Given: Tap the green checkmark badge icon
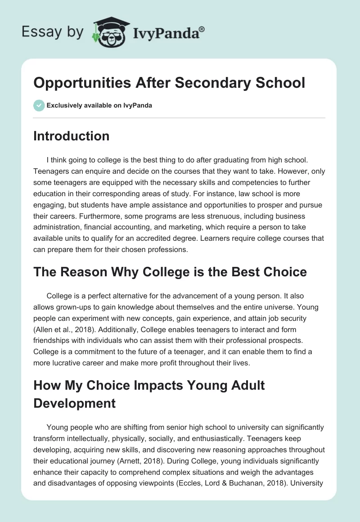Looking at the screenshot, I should pos(39,105).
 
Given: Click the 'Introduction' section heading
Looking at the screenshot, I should pos(71,136).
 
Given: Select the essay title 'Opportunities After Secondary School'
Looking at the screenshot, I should pos(169,83).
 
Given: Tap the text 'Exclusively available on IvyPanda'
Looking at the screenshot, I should pos(99,105).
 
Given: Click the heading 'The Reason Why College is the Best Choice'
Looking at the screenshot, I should pos(170,272).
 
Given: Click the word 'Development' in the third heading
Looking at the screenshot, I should pos(75,403).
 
